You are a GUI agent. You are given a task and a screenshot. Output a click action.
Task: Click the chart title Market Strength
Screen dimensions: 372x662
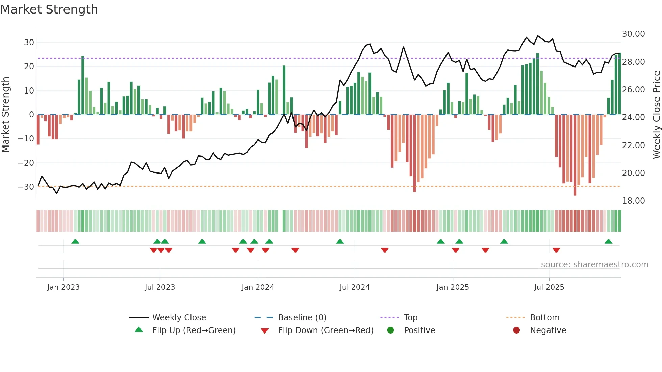click(x=49, y=9)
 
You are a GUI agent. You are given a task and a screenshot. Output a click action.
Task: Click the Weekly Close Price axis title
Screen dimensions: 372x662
click(x=656, y=114)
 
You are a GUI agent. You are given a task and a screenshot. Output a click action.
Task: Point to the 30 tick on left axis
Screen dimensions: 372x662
click(x=29, y=43)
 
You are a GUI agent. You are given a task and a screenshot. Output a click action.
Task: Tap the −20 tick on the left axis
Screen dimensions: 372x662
click(x=26, y=163)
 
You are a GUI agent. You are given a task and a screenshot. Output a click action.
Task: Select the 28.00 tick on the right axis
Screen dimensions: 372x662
click(x=633, y=62)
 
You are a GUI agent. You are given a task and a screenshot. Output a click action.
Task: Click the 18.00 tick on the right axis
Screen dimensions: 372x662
click(x=633, y=201)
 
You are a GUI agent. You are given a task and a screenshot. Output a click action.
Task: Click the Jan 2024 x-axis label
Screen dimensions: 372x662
click(x=258, y=287)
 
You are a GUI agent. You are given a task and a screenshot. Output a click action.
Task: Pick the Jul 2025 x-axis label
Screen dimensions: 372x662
click(x=549, y=287)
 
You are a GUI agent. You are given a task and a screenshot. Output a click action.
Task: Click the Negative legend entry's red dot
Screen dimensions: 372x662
click(x=516, y=330)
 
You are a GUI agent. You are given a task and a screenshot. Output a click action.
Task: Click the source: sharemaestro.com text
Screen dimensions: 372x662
click(x=594, y=265)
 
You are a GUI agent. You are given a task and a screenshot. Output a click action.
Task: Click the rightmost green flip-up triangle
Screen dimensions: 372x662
click(x=608, y=242)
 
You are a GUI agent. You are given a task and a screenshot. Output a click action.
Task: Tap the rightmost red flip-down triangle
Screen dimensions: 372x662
click(x=556, y=250)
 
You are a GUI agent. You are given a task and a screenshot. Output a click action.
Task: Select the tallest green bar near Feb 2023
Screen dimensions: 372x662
click(x=83, y=84)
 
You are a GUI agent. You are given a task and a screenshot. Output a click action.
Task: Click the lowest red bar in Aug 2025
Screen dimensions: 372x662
click(x=575, y=155)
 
